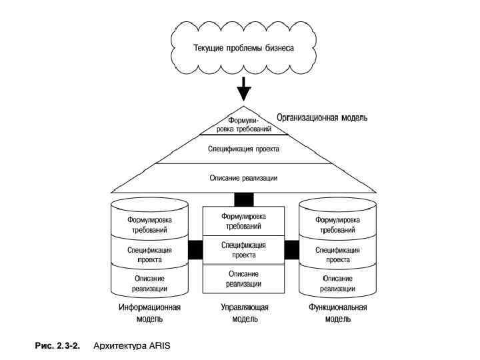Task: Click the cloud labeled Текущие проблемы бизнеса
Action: (x=243, y=48)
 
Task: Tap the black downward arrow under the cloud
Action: (x=244, y=88)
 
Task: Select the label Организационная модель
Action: (x=322, y=118)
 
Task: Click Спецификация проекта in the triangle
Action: (x=243, y=149)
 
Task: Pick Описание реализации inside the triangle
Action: (x=243, y=178)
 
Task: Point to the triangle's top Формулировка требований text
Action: (x=244, y=123)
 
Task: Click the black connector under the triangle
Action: (x=244, y=199)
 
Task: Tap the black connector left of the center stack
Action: (x=195, y=250)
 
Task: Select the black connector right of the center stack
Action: (x=292, y=250)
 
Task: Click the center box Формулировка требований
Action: (x=243, y=221)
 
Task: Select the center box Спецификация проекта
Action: (x=243, y=250)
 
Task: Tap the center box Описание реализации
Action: (x=243, y=279)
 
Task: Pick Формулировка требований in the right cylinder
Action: (x=337, y=224)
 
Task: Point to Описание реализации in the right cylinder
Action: (x=337, y=283)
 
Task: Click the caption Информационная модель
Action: (x=150, y=313)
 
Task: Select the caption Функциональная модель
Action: (x=339, y=313)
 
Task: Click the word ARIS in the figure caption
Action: (x=160, y=345)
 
